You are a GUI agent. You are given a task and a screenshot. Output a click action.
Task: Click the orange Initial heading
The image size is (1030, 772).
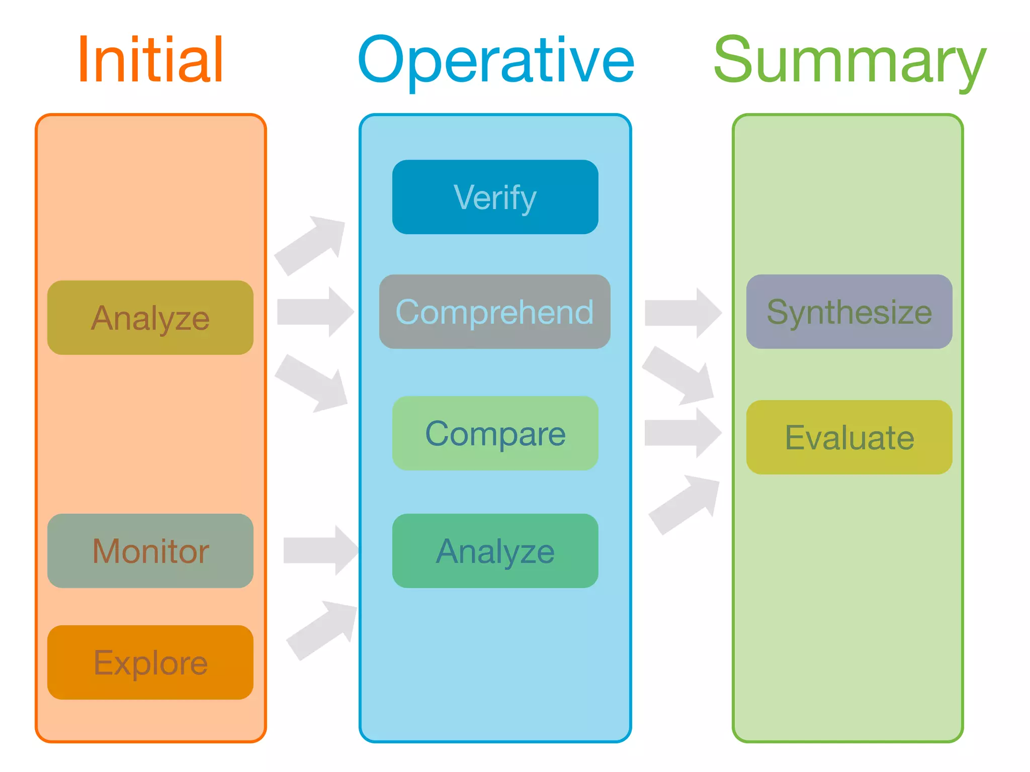pos(150,60)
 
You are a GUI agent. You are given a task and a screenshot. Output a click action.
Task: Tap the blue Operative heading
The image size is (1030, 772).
pos(495,61)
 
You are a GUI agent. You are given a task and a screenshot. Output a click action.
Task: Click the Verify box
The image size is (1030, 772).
pos(495,197)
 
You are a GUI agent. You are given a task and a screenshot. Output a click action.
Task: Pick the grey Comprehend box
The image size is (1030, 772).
pos(495,312)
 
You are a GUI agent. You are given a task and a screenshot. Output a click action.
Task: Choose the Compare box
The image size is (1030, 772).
pos(495,433)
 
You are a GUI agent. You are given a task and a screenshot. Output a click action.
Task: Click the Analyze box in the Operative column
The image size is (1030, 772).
pos(495,551)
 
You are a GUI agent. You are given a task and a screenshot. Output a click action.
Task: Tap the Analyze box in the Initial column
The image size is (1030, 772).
pos(150,318)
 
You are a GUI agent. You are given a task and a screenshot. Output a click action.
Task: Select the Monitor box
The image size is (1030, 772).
pos(150,551)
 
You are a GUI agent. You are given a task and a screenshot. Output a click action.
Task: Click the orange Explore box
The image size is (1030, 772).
pos(150,662)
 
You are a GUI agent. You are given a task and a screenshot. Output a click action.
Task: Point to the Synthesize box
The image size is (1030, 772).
pos(849,312)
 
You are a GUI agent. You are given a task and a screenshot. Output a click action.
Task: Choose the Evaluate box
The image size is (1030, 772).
pos(849,437)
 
